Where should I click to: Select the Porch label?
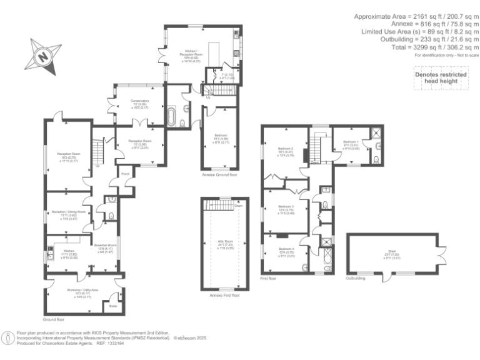pos(125,174)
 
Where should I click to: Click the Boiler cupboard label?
pos(113,306)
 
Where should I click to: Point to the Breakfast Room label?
pos(104,246)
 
